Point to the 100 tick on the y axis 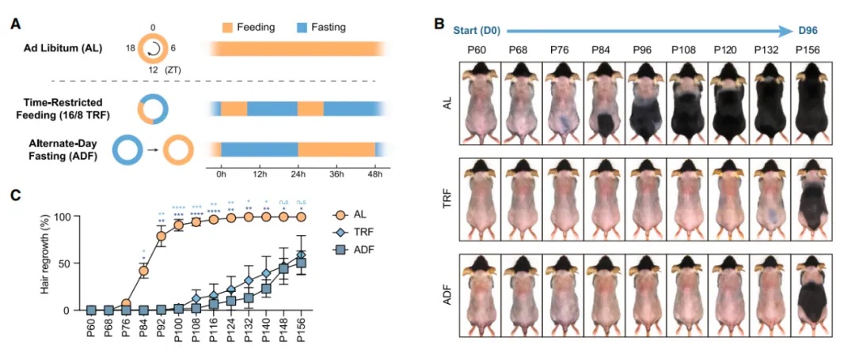click(x=72, y=216)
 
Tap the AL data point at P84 click(x=144, y=271)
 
